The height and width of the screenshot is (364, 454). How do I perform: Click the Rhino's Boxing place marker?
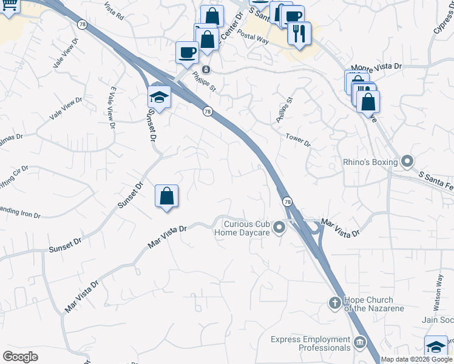click(x=407, y=162)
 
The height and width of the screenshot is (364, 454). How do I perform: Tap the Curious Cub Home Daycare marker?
click(x=279, y=228)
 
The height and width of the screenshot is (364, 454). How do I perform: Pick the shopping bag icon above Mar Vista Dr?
click(x=166, y=197)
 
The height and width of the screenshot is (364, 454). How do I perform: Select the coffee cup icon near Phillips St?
click(x=187, y=52)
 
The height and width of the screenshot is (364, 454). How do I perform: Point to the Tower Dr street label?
click(x=298, y=141)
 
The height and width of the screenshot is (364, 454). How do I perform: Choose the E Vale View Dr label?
click(x=112, y=108)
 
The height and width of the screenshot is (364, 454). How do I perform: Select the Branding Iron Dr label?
click(x=19, y=213)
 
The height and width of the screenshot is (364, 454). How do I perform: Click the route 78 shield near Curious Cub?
click(x=286, y=201)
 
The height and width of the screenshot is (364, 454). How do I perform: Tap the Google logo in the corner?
click(x=20, y=356)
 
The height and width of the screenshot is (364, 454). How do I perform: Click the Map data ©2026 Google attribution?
click(x=416, y=359)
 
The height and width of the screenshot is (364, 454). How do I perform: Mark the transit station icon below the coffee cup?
click(x=206, y=69)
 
